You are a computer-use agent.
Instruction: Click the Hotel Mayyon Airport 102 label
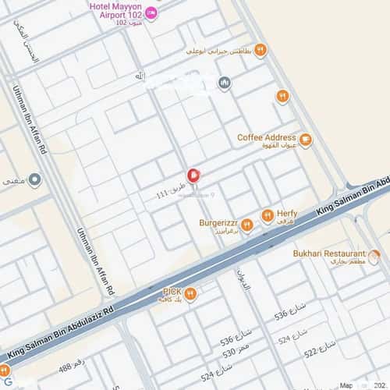coord(118,10)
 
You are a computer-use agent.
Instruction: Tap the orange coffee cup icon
coord(305,140)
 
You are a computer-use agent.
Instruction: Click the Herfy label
coord(286,212)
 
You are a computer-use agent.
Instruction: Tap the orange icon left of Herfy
coord(267,215)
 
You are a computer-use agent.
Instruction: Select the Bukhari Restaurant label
coord(328,253)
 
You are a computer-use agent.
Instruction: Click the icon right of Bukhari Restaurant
coord(374,255)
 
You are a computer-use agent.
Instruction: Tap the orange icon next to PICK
coord(190,294)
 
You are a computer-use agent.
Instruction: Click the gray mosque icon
coord(225,83)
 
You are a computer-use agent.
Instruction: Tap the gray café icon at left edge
coord(34,180)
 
